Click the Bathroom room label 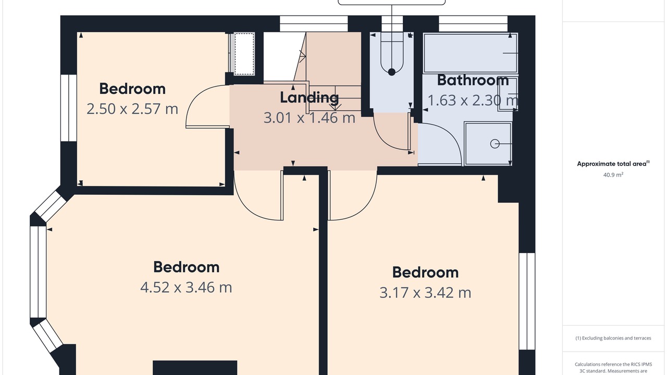[x=473, y=80]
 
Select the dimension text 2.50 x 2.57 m [x=132, y=109]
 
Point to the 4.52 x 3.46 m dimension [x=186, y=287]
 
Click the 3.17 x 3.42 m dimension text [x=425, y=293]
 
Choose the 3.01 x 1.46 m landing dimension [x=310, y=118]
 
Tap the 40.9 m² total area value [x=613, y=174]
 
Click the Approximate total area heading [x=613, y=164]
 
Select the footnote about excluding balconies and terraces [x=613, y=338]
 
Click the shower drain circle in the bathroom [x=495, y=144]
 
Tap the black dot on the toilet [x=392, y=72]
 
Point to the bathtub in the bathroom [x=471, y=53]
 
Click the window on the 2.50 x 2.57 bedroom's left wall [x=69, y=108]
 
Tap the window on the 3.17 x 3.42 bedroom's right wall [x=527, y=301]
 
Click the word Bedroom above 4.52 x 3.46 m [x=186, y=267]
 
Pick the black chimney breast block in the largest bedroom [x=195, y=368]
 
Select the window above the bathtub [x=473, y=23]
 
